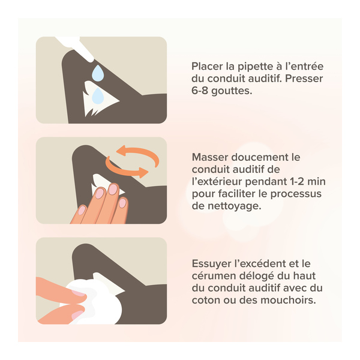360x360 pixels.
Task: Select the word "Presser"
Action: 304,79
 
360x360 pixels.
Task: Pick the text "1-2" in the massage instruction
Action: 296,182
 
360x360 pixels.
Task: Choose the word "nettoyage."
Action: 235,206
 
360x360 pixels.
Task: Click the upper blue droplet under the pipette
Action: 98,73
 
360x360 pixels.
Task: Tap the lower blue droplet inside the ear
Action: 98,96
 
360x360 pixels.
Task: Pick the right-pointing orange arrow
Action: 125,169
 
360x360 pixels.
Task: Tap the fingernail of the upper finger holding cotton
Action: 78,293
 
